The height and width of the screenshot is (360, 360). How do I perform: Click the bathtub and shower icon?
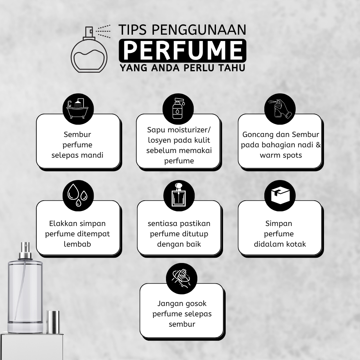(78, 109)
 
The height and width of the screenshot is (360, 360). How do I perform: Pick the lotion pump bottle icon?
(178, 109)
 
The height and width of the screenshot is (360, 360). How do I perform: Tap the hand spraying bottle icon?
(280, 109)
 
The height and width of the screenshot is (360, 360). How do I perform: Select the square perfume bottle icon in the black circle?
(179, 195)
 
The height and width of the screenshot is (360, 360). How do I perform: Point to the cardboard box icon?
(280, 195)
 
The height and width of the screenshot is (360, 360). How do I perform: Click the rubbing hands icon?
(181, 278)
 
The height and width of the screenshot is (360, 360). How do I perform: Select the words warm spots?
(281, 155)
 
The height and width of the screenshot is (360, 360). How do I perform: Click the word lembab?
(77, 244)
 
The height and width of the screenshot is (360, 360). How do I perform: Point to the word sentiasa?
(162, 223)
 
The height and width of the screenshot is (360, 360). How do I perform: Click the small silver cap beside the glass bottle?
(53, 322)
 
